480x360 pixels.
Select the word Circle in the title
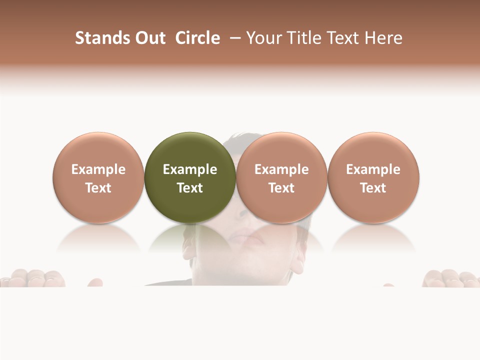pyautogui.click(x=197, y=38)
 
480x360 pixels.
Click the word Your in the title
pyautogui.click(x=264, y=38)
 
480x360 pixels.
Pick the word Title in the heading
pyautogui.click(x=303, y=38)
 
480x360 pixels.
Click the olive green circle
pyautogui.click(x=190, y=150)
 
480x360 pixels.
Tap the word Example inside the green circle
pyautogui.click(x=190, y=169)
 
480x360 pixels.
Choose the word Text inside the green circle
pyautogui.click(x=190, y=188)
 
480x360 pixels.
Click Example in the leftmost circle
pyautogui.click(x=98, y=169)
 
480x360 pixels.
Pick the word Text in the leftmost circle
pyautogui.click(x=98, y=188)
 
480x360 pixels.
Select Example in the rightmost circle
pyautogui.click(x=373, y=169)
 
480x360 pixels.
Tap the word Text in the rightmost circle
pyautogui.click(x=373, y=188)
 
